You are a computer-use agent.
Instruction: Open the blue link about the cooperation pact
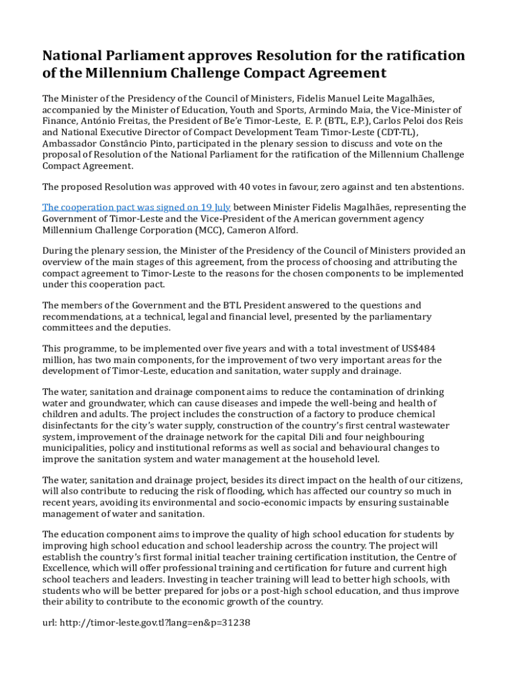coord(137,207)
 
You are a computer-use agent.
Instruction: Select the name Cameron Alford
coord(262,229)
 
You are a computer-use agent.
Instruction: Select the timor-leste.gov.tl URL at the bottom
coord(154,623)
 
